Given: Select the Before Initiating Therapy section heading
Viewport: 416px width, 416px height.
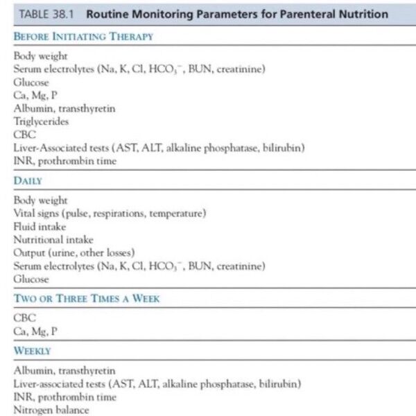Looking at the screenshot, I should point(83,36).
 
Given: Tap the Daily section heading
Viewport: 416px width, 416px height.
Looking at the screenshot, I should point(28,180).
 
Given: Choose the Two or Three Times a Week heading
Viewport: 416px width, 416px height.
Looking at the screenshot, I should point(87,299).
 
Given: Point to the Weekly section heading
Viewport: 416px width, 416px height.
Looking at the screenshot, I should point(33,351).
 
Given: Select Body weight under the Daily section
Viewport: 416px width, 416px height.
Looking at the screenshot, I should point(41,200).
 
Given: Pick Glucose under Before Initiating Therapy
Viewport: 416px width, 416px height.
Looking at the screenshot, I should point(31,82).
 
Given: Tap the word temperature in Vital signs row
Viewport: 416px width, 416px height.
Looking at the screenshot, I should point(177,214).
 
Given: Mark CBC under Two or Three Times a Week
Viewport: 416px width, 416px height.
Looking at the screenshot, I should point(24,318).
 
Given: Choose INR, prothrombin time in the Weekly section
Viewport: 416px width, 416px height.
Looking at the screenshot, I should point(65,397).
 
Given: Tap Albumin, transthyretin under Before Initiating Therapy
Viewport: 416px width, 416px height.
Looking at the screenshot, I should point(64,108).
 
